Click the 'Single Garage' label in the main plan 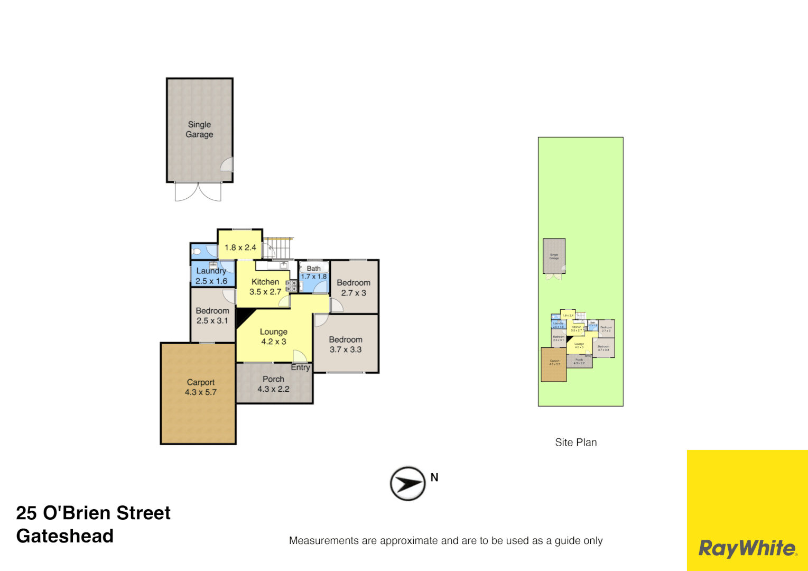pyautogui.click(x=199, y=130)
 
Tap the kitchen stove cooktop pyautogui.click(x=291, y=286)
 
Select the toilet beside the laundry pyautogui.click(x=197, y=252)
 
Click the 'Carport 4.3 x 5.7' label pyautogui.click(x=201, y=387)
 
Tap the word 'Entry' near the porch pyautogui.click(x=300, y=367)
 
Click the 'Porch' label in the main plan pyautogui.click(x=273, y=379)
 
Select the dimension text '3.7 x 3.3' pyautogui.click(x=346, y=349)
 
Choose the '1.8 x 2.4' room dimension pyautogui.click(x=240, y=247)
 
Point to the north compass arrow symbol pyautogui.click(x=407, y=483)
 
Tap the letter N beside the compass pyautogui.click(x=434, y=477)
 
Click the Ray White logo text pyautogui.click(x=747, y=548)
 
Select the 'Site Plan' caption pyautogui.click(x=575, y=443)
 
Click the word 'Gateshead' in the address pyautogui.click(x=65, y=536)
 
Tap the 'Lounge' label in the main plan pyautogui.click(x=274, y=332)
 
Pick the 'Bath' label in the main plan pyautogui.click(x=314, y=269)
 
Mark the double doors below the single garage pyautogui.click(x=198, y=192)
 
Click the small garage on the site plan pyautogui.click(x=554, y=256)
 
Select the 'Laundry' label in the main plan pyautogui.click(x=211, y=271)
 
